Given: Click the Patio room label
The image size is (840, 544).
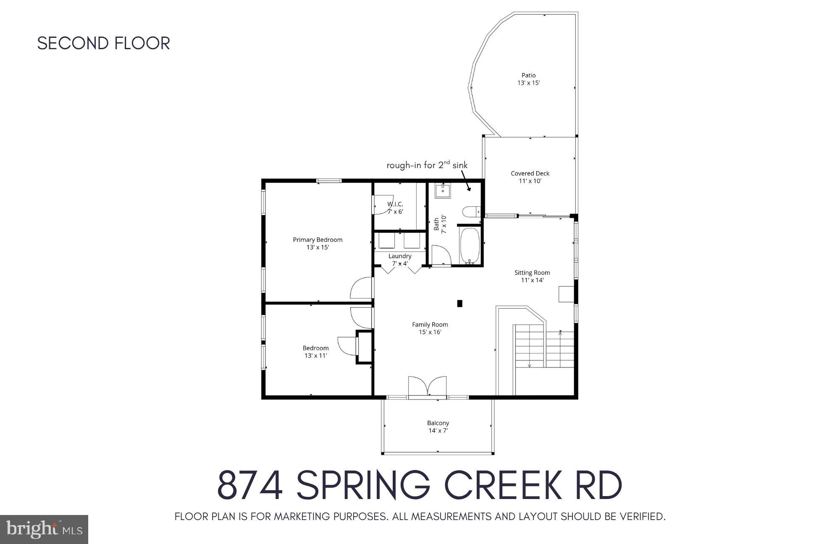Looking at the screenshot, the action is (x=529, y=76).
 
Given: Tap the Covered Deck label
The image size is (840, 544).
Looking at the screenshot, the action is (x=530, y=173).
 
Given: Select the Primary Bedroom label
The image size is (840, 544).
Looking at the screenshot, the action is (x=318, y=240).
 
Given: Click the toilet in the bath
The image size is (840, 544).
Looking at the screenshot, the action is (x=471, y=211).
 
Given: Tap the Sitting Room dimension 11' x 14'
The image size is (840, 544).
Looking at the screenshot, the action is (x=532, y=280).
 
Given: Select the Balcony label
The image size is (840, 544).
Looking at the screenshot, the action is (x=438, y=423).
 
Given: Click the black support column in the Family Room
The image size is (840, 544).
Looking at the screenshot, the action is (x=459, y=303).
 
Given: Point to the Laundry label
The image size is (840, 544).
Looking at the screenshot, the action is (x=400, y=256).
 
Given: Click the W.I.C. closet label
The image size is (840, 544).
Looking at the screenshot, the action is (x=395, y=204).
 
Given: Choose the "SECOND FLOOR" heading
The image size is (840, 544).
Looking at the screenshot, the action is (x=104, y=43).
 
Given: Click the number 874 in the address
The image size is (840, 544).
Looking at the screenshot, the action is (x=250, y=485).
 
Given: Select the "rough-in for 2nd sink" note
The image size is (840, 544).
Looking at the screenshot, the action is (x=427, y=165).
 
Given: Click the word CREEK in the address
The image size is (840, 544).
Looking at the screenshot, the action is (x=503, y=485).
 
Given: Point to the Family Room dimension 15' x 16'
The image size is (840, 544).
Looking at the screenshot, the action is (x=430, y=332).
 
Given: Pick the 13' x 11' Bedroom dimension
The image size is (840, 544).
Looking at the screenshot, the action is (x=315, y=356).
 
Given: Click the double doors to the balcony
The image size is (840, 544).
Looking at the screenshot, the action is (x=428, y=386).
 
